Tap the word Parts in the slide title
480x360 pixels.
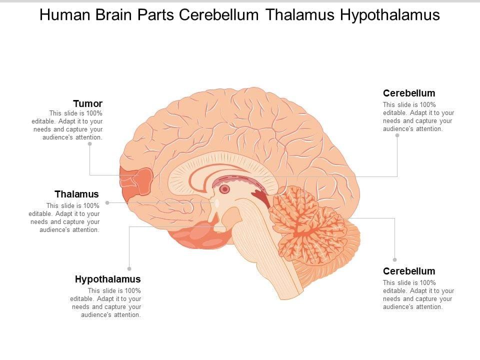(x=154, y=15)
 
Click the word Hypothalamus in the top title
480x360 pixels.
(x=389, y=15)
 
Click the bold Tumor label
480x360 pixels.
(x=87, y=103)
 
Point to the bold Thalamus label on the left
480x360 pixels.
(x=76, y=194)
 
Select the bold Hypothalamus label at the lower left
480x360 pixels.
(x=108, y=279)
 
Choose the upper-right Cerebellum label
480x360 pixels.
(x=409, y=93)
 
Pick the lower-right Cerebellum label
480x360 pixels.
(x=409, y=271)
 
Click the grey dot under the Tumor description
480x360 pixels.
(x=90, y=143)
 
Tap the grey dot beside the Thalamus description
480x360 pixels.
(x=107, y=202)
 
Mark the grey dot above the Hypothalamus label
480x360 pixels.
(x=129, y=268)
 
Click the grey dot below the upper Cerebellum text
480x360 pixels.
(x=397, y=134)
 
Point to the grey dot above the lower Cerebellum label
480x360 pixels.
(x=394, y=260)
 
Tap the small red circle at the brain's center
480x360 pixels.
(x=225, y=189)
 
